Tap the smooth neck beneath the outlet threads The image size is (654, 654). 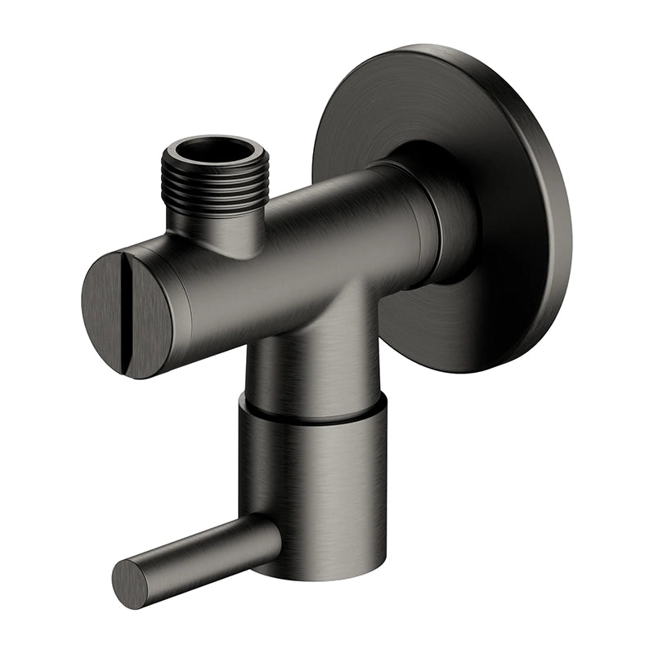[x=215, y=229]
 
